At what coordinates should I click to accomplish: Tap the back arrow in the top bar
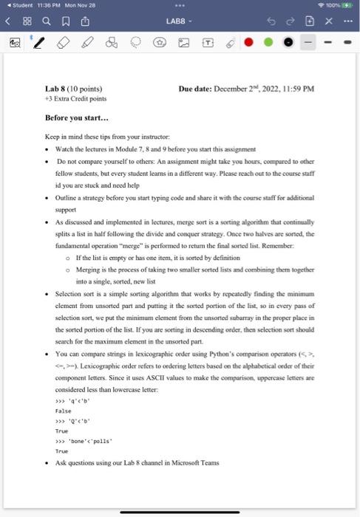point(8,22)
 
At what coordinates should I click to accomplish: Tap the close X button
point(330,22)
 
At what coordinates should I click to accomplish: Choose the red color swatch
point(248,45)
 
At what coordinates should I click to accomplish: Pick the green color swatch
point(268,45)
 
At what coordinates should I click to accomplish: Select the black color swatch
point(288,45)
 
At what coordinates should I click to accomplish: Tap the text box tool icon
point(209,45)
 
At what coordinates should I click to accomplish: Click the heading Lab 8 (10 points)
point(74,89)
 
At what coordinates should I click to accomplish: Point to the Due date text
point(246,89)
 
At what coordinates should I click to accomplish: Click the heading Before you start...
point(76,117)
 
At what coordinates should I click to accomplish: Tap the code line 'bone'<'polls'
point(83,440)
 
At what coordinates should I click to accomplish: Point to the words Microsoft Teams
point(197,463)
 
